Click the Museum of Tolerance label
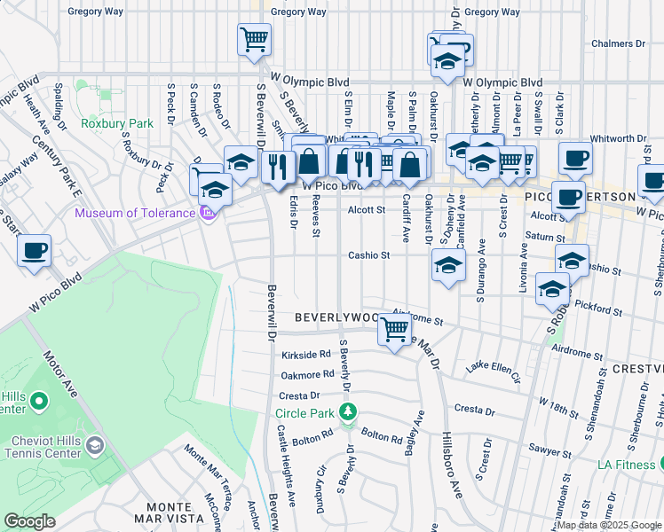[x=134, y=213]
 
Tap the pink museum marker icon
[x=209, y=213]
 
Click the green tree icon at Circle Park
[x=349, y=411]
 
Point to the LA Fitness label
[x=626, y=464]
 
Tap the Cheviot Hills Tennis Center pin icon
[x=95, y=443]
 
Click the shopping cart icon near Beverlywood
[x=395, y=330]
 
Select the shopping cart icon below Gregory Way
[x=254, y=39]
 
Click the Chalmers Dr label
[x=618, y=43]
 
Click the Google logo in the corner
[x=29, y=521]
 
